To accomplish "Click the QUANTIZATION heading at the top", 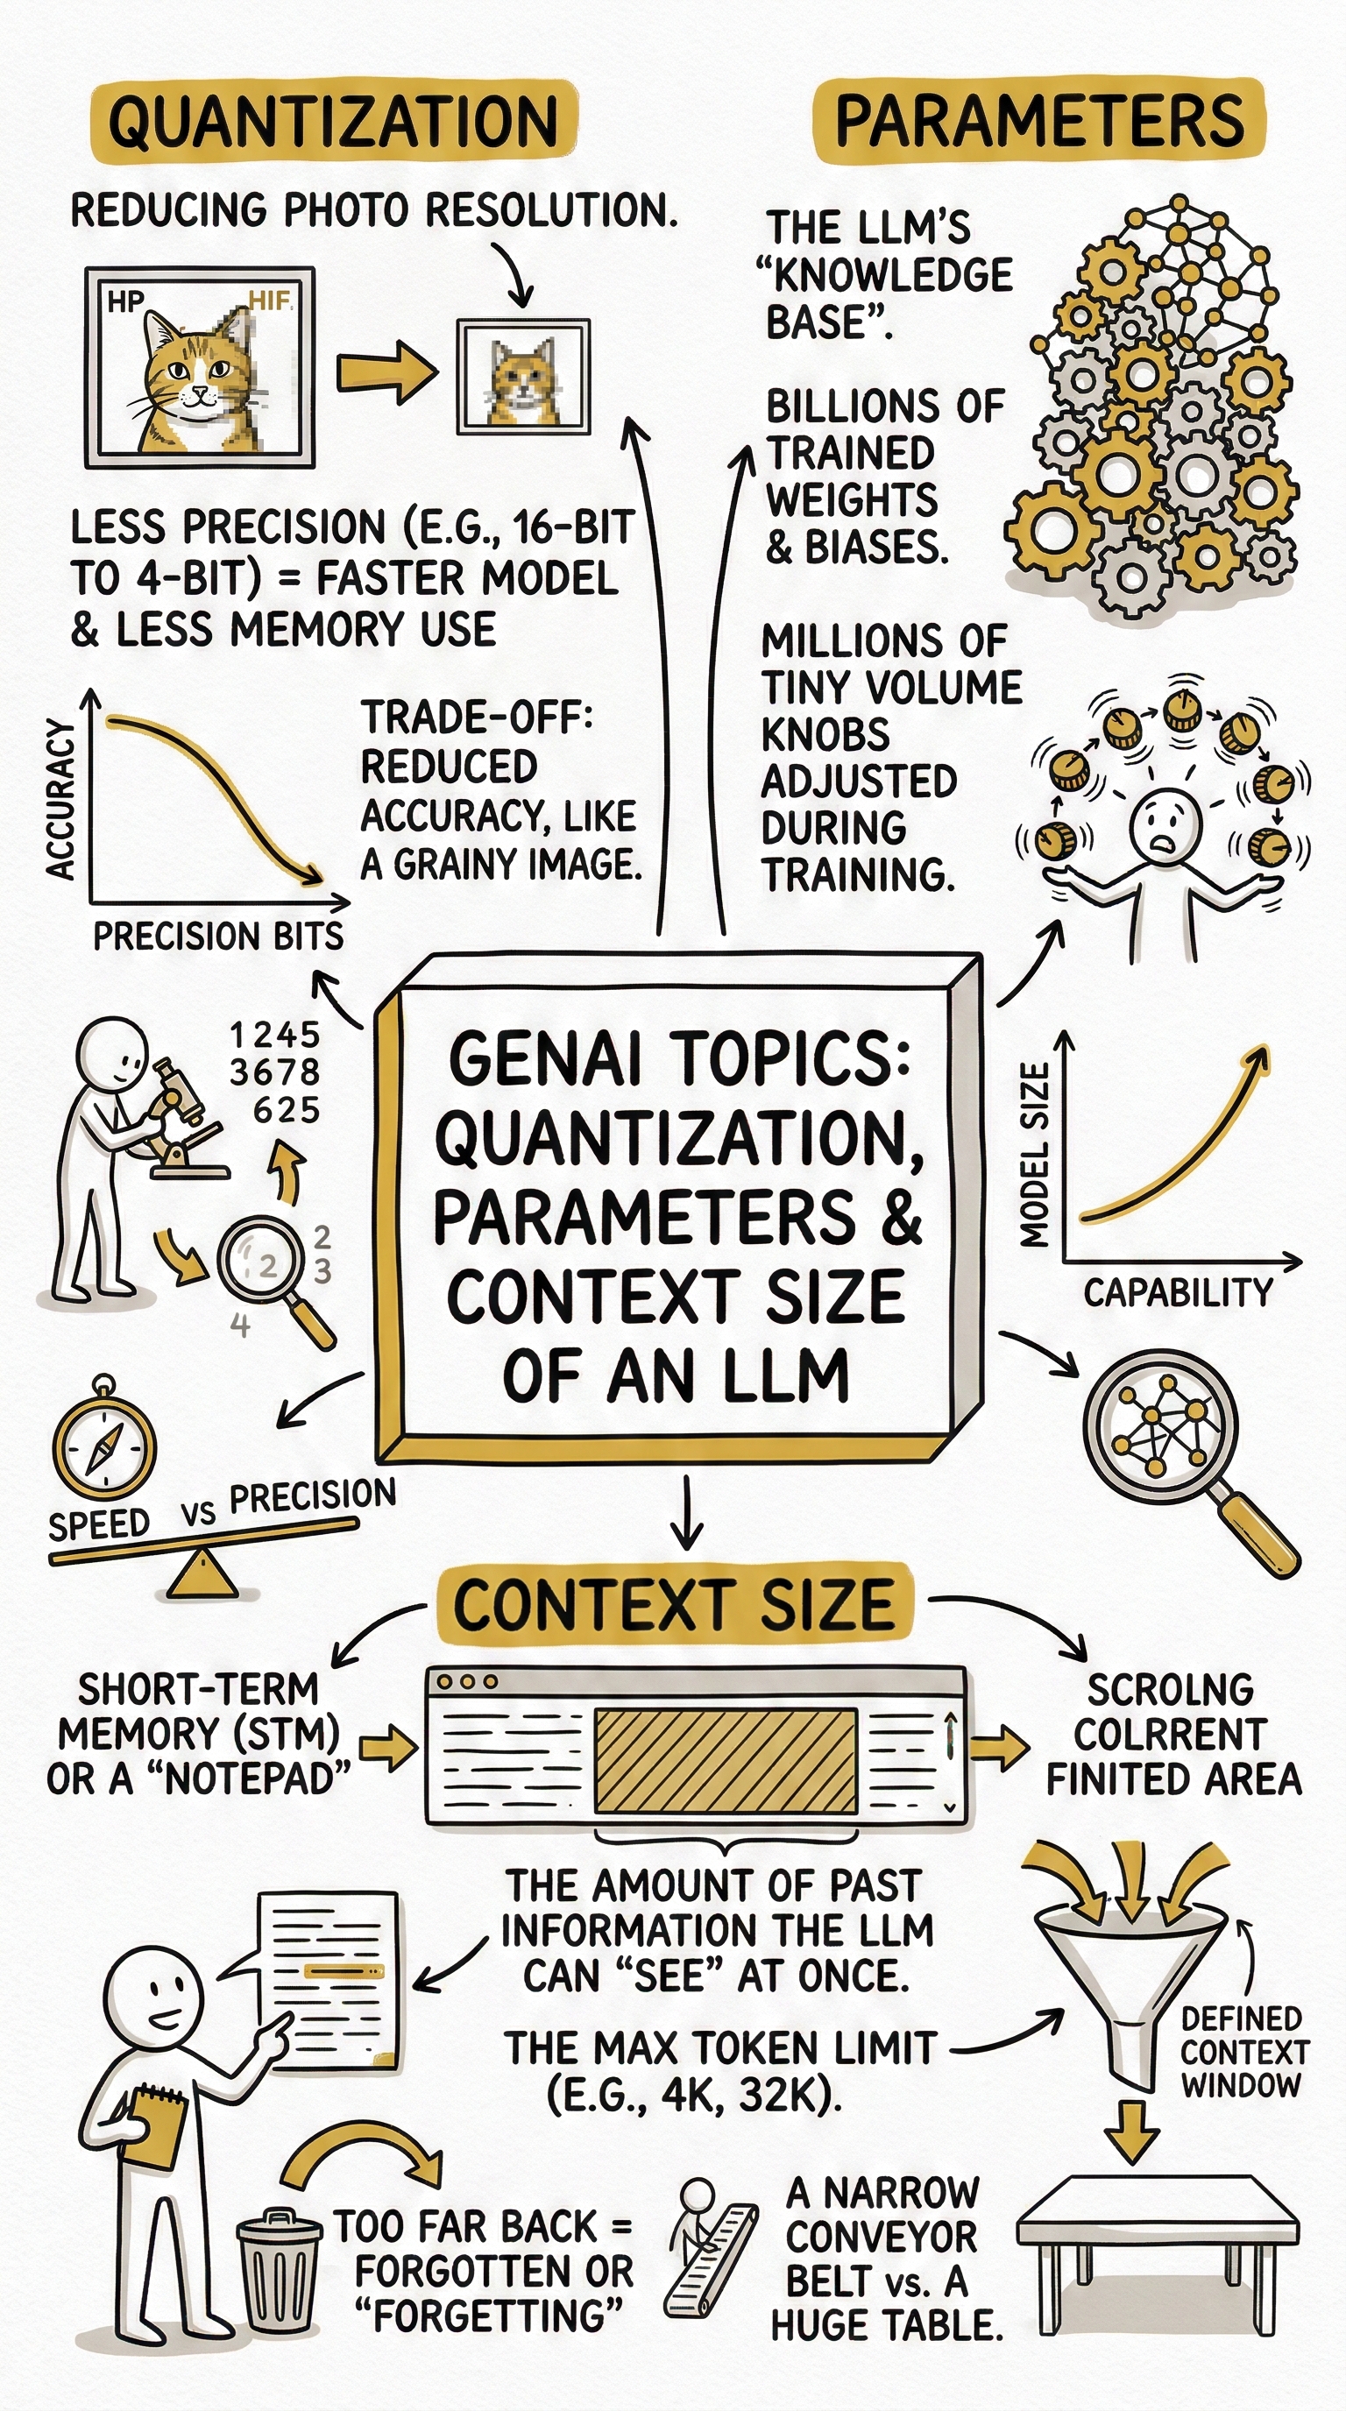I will [x=332, y=122].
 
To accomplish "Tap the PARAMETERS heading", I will [x=1039, y=122].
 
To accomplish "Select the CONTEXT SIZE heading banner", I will [x=674, y=1604].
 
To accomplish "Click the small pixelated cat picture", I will [x=523, y=378].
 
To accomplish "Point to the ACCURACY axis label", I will [x=60, y=800].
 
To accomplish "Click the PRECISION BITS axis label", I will [x=218, y=937].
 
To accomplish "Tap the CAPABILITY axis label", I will [x=1179, y=1292].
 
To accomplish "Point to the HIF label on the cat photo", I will [x=271, y=300].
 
